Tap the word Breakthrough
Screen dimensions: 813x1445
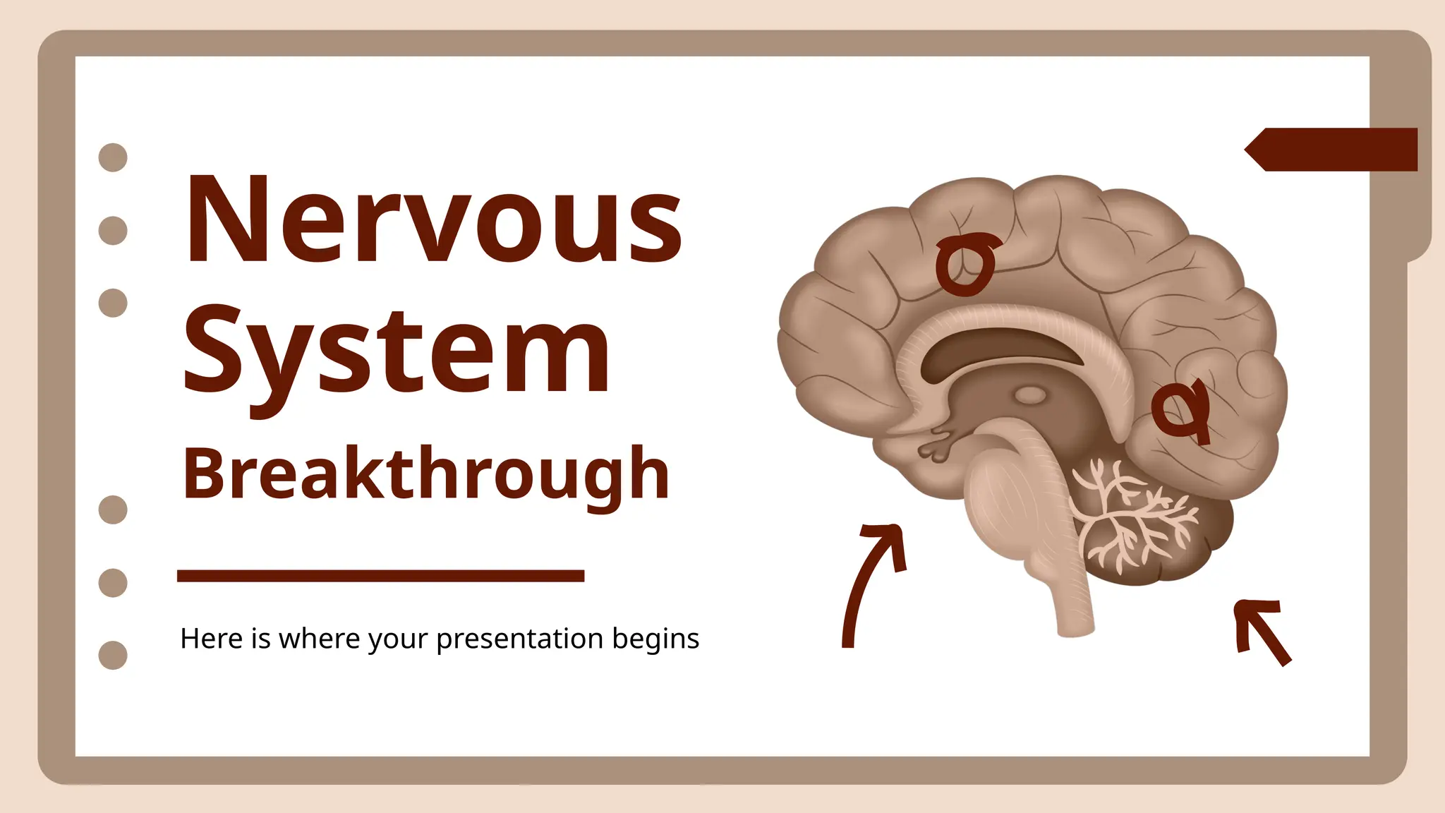point(425,474)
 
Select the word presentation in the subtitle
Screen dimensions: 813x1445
point(520,639)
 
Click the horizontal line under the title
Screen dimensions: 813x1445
point(380,576)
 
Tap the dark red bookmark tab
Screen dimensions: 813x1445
point(1334,150)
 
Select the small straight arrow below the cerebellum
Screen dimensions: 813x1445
point(1262,630)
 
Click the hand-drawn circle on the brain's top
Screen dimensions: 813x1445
point(965,264)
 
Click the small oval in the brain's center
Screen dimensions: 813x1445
point(1031,395)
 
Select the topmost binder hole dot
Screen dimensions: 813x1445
point(113,157)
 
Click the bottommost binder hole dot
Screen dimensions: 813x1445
point(113,655)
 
